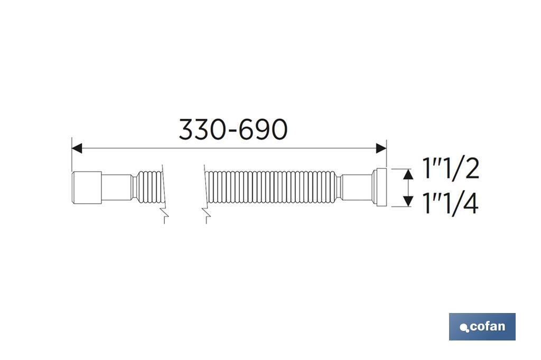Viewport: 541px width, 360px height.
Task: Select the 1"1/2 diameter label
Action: point(451,169)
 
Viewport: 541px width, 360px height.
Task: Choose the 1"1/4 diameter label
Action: point(451,203)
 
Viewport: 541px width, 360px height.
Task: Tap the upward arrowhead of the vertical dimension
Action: point(407,174)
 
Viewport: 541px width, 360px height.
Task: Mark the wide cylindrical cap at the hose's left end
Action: point(87,187)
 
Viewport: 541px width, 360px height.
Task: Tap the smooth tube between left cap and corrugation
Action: point(117,187)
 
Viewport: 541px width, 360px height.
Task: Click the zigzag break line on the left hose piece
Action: point(165,214)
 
